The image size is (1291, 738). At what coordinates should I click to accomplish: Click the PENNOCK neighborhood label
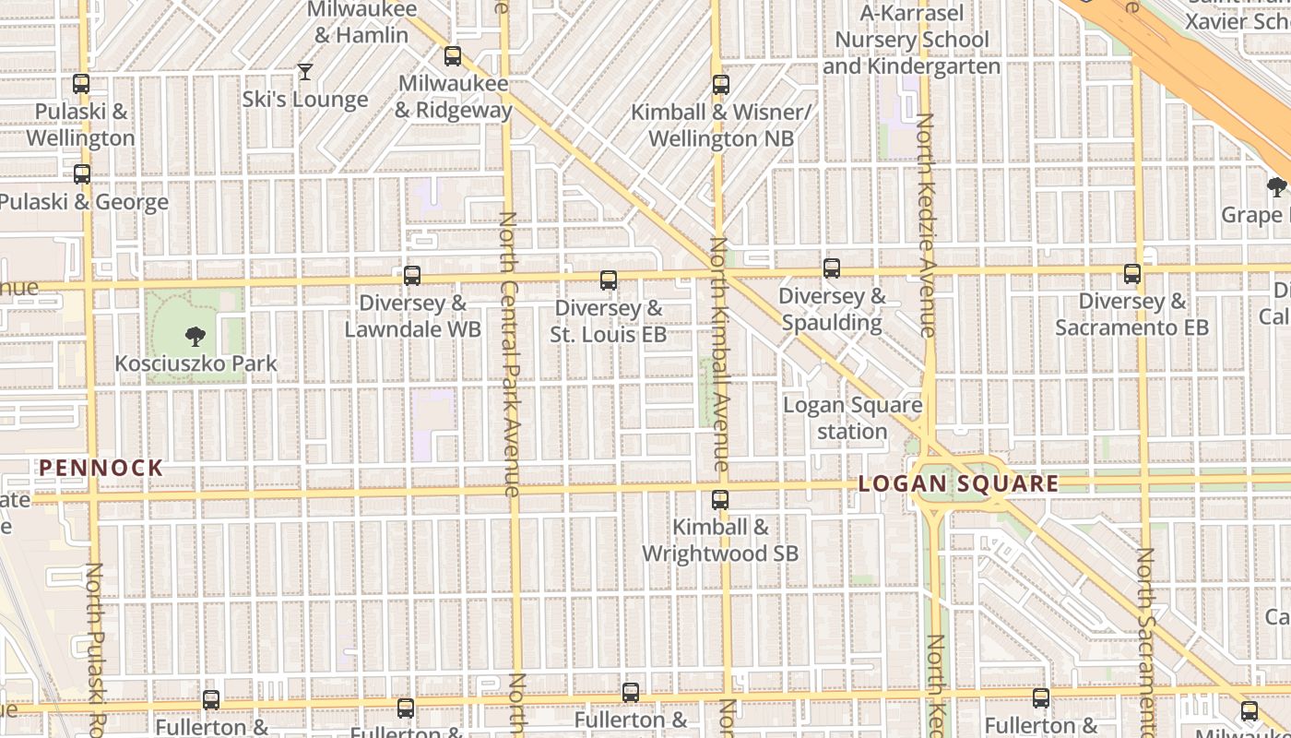click(101, 468)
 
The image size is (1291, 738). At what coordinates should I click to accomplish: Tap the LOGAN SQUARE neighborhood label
click(959, 483)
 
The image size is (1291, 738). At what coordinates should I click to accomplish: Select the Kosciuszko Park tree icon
click(195, 336)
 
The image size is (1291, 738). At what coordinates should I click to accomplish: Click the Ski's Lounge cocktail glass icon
click(305, 71)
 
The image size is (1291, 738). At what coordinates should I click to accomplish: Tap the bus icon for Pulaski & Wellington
click(81, 84)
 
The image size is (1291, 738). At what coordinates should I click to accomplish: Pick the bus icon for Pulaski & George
click(82, 173)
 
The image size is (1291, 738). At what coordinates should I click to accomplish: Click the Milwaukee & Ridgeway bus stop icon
click(453, 56)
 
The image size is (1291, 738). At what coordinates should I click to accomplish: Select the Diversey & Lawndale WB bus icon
click(412, 275)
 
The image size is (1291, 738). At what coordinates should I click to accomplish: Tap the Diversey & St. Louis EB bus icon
click(609, 280)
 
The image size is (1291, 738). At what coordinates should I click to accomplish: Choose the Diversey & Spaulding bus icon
click(832, 268)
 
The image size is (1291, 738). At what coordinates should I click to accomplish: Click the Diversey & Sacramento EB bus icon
click(1132, 274)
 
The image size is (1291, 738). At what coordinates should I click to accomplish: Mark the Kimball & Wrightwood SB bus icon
click(720, 500)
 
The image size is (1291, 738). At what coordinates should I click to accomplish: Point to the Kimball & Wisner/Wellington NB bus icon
click(721, 85)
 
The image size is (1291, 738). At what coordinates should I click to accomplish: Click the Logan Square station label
click(852, 418)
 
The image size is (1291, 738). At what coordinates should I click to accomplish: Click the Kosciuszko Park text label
click(195, 363)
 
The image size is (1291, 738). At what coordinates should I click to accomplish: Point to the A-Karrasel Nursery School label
click(911, 40)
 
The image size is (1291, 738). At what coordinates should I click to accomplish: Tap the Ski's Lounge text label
click(305, 100)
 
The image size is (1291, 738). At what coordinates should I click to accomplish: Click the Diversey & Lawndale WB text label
click(412, 315)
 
